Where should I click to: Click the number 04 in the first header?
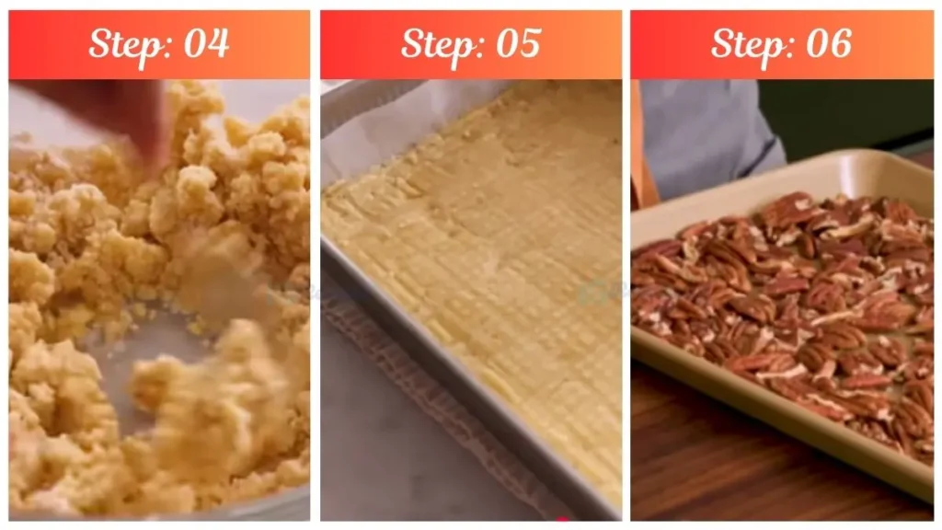coord(206,43)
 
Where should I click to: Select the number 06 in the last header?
coord(827,43)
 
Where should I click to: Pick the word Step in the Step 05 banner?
coord(441,43)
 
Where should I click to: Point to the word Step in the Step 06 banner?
coord(752,43)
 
